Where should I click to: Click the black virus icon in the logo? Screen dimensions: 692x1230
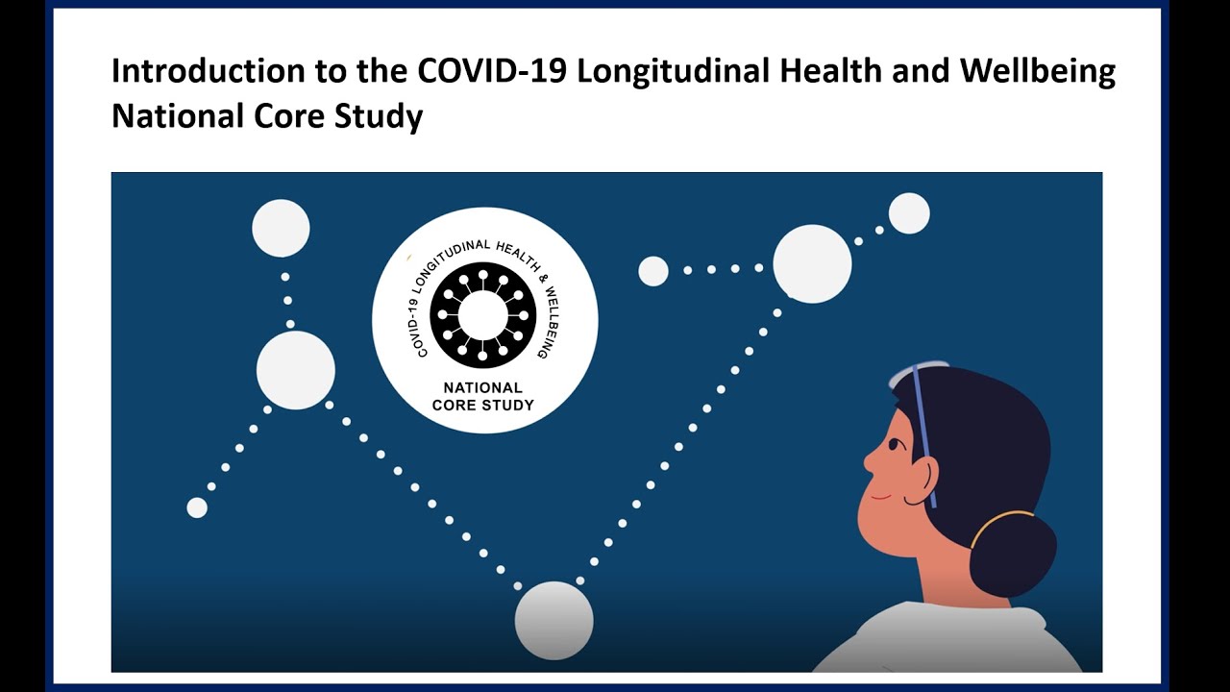pyautogui.click(x=482, y=315)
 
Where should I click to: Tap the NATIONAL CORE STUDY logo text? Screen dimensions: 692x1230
pyautogui.click(x=482, y=396)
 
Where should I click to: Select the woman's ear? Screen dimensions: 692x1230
pyautogui.click(x=923, y=477)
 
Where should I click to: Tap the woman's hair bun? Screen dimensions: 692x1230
pyautogui.click(x=1012, y=554)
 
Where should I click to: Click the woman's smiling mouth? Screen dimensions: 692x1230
pyautogui.click(x=881, y=498)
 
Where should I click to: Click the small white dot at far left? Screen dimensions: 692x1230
pyautogui.click(x=197, y=507)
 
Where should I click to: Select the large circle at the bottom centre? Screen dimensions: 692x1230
pyautogui.click(x=553, y=621)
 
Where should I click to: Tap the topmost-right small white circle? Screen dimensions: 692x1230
pyautogui.click(x=908, y=213)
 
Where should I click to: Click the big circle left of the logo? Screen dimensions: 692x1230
pyautogui.click(x=295, y=370)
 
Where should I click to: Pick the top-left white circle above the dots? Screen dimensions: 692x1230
pyautogui.click(x=281, y=229)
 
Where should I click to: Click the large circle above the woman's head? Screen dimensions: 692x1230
pyautogui.click(x=812, y=264)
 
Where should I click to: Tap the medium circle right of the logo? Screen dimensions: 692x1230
pyautogui.click(x=653, y=271)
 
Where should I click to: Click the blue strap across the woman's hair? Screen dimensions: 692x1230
pyautogui.click(x=923, y=432)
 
